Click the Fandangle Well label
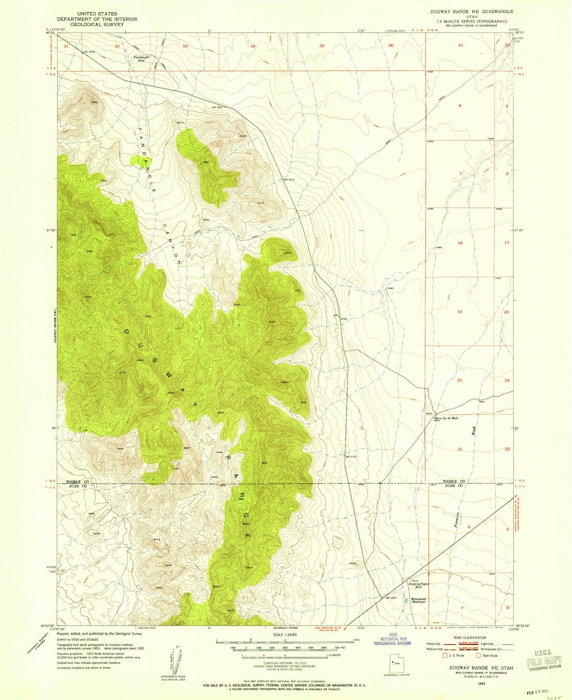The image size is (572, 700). pos(141,59)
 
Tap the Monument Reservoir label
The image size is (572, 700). pos(418,601)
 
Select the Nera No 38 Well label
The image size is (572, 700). pos(446,418)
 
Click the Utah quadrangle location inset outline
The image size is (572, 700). pos(397,663)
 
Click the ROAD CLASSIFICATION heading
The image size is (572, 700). pos(470,638)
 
